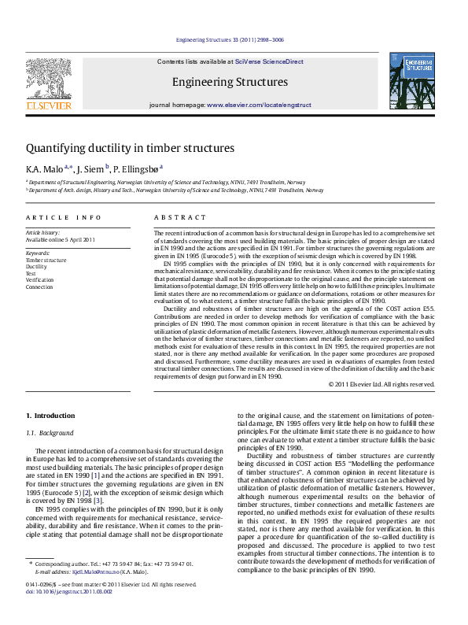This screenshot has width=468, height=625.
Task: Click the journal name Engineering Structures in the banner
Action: pyautogui.click(x=230, y=82)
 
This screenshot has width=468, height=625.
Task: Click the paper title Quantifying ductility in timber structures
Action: pyautogui.click(x=130, y=147)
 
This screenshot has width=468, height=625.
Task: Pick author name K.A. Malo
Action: pyautogui.click(x=44, y=168)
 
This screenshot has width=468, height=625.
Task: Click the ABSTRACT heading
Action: pyautogui.click(x=180, y=217)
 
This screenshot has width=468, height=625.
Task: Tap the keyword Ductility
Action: pyautogui.click(x=36, y=266)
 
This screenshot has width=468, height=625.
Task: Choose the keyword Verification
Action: pyautogui.click(x=39, y=279)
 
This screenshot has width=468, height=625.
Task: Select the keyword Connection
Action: pyautogui.click(x=39, y=287)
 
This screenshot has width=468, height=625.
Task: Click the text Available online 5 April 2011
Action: pyautogui.click(x=61, y=239)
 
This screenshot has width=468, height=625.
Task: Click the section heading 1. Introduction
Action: pyautogui.click(x=50, y=415)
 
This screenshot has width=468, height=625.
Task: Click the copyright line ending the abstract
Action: pyautogui.click(x=381, y=384)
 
